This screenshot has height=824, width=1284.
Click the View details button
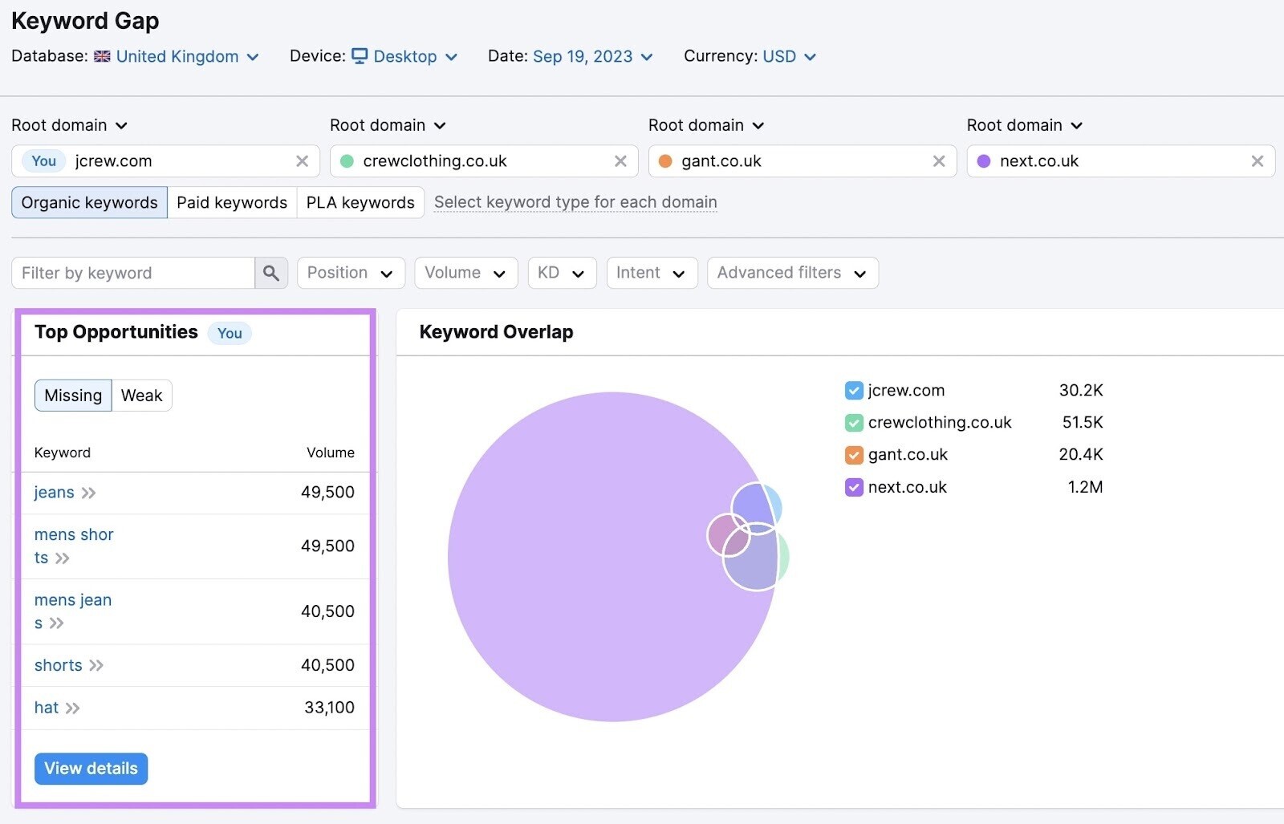pyautogui.click(x=91, y=769)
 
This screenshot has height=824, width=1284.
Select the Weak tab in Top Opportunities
pyautogui.click(x=141, y=396)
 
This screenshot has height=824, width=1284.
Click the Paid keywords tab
pyautogui.click(x=231, y=202)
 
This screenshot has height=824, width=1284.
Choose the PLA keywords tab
pyautogui.click(x=360, y=202)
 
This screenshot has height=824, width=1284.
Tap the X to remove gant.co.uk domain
pyautogui.click(x=939, y=161)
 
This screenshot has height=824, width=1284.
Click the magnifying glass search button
pyautogui.click(x=271, y=273)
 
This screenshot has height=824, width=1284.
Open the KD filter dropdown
pyautogui.click(x=561, y=273)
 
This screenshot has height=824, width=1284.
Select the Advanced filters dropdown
pyautogui.click(x=791, y=273)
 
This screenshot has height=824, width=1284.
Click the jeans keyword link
pyautogui.click(x=55, y=493)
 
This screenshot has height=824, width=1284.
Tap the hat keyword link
pyautogui.click(x=47, y=708)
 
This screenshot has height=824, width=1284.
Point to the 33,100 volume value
pyautogui.click(x=329, y=708)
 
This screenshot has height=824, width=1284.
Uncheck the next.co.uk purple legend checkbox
pyautogui.click(x=854, y=487)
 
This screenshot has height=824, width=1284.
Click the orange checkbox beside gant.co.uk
pyautogui.click(x=854, y=455)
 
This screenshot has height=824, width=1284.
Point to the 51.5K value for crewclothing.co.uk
pyautogui.click(x=1082, y=422)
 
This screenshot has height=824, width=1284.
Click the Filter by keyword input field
pyautogui.click(x=132, y=273)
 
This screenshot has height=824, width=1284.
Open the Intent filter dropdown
pyautogui.click(x=651, y=273)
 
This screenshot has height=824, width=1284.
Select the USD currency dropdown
pyautogui.click(x=788, y=56)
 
